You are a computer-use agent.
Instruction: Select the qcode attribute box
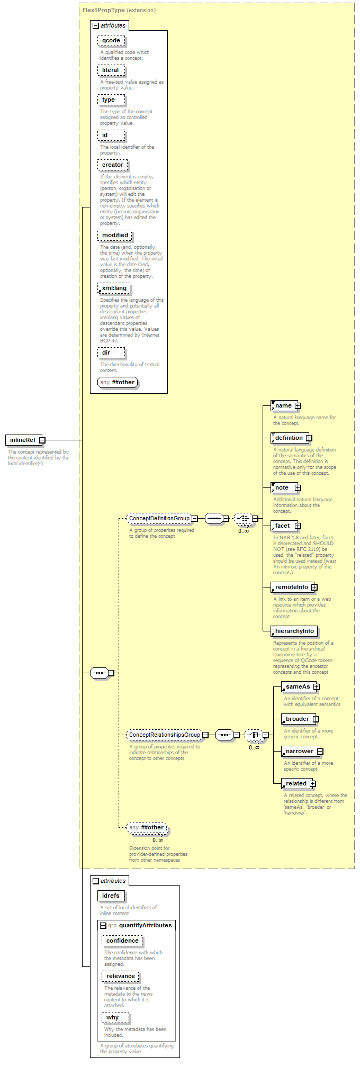(x=111, y=40)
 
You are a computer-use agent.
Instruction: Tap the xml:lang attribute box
(x=114, y=288)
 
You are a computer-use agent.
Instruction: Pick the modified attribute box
(x=115, y=235)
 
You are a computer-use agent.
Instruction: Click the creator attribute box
(x=112, y=165)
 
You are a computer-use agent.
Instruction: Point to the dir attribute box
(x=111, y=352)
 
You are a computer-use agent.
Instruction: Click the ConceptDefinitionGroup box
(x=159, y=518)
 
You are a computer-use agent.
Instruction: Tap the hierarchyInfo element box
(x=294, y=631)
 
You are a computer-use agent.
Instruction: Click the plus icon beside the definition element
(x=309, y=438)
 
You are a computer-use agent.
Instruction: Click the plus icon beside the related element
(x=313, y=784)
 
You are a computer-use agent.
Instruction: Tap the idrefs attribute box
(x=111, y=896)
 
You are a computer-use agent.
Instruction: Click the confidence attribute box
(x=122, y=941)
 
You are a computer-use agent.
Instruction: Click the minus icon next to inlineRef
(x=42, y=440)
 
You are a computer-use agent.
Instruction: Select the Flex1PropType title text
(x=103, y=10)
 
